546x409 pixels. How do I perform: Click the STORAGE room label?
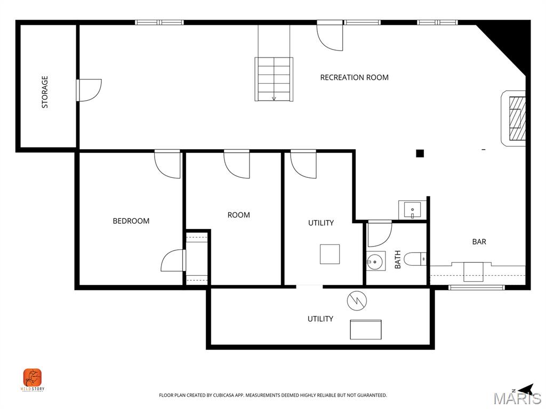[x=45, y=92]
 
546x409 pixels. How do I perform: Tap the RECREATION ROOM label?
[x=354, y=77]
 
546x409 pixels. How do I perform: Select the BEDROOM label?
[x=131, y=220]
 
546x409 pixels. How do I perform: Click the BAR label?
[x=479, y=242]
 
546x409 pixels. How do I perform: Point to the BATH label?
[x=397, y=260]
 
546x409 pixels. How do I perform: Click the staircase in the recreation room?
[x=274, y=79]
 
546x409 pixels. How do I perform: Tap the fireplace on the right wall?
[x=515, y=118]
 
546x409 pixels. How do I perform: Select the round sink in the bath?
[x=375, y=261]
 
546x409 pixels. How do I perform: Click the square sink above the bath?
[x=412, y=210]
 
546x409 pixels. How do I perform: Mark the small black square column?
[x=420, y=153]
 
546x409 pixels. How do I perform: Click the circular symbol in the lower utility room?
[x=356, y=301]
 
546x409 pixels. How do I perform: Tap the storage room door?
[x=89, y=89]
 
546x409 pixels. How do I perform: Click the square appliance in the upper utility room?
[x=330, y=254]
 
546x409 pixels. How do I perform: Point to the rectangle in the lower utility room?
[x=365, y=329]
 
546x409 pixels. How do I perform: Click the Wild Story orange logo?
[x=33, y=379]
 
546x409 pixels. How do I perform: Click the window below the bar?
[x=476, y=288]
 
